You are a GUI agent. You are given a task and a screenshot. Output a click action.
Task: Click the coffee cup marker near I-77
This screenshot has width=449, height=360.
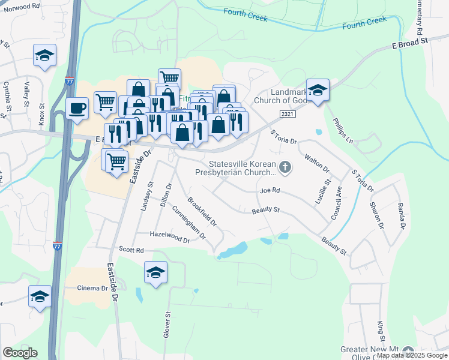[x=77, y=109]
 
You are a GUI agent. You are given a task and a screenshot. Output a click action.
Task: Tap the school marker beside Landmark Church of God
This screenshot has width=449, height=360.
[x=318, y=90]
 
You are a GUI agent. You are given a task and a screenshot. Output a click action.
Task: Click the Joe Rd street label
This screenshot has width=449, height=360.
[x=270, y=190]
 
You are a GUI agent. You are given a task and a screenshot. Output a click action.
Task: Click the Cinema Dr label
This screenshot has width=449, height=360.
[x=92, y=288]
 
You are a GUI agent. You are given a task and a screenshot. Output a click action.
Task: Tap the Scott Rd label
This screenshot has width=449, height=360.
[x=131, y=250]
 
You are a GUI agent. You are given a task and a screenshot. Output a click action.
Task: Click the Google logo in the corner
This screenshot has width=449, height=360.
[x=20, y=353]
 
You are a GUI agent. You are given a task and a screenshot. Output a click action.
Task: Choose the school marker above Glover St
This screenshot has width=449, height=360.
[x=155, y=272]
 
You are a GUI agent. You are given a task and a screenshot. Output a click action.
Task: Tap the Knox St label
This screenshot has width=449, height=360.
[x=42, y=113]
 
